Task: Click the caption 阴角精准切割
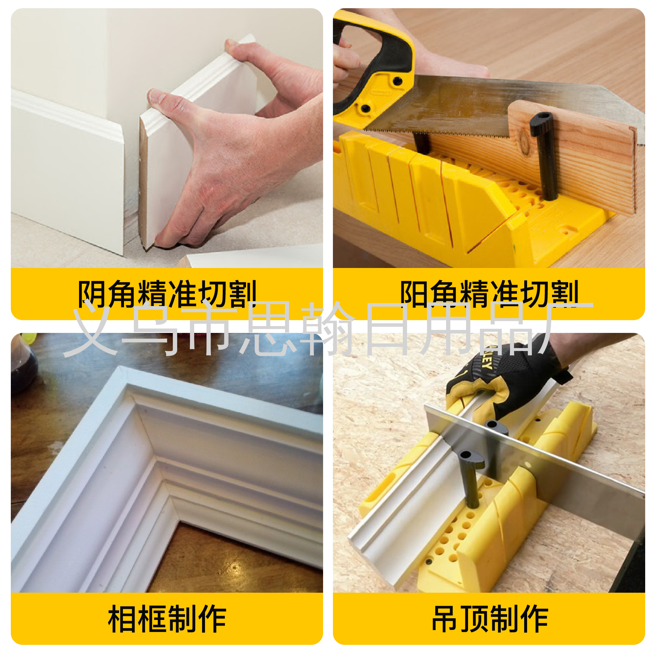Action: (x=167, y=294)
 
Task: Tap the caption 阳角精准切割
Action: (x=489, y=294)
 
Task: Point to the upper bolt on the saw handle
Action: (x=397, y=81)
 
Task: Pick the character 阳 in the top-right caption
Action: (x=414, y=294)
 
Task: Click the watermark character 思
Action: (x=268, y=329)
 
